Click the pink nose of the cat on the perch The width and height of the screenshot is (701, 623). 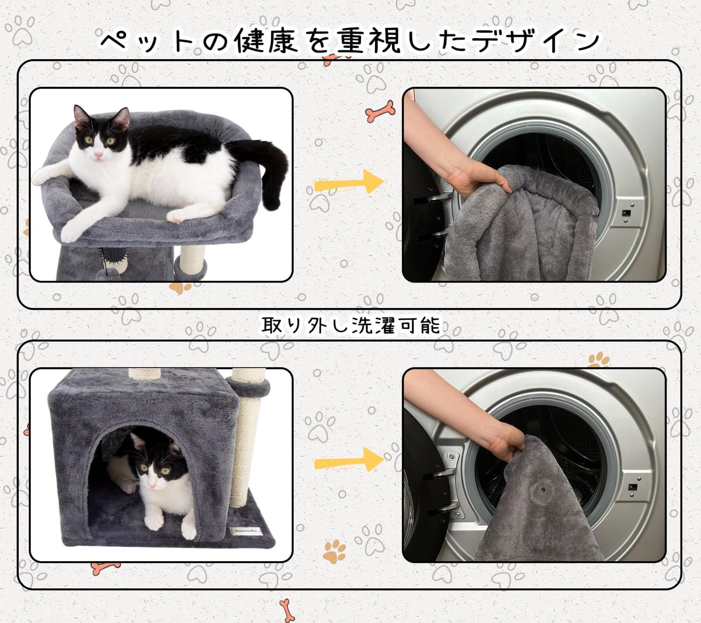tap(99, 155)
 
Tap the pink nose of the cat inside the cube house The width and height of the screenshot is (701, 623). tap(152, 486)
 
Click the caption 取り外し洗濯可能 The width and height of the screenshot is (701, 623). tap(350, 326)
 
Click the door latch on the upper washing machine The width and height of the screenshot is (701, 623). tap(628, 213)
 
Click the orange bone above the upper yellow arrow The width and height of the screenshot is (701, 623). tap(380, 111)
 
